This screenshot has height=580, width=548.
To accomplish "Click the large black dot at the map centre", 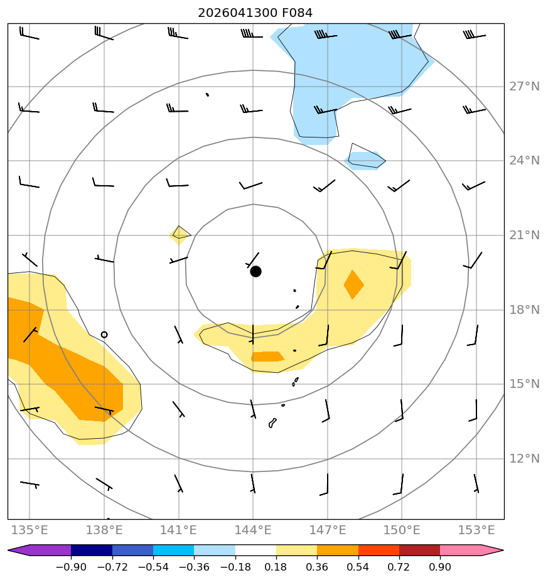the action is click(x=255, y=272).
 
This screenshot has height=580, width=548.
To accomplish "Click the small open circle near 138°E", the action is click(x=104, y=335).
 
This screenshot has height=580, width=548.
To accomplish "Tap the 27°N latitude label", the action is click(x=524, y=87).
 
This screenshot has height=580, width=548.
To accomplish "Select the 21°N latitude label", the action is click(x=524, y=235).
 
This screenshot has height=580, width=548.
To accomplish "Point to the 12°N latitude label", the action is click(x=524, y=459).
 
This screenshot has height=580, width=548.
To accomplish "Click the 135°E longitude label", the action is click(x=30, y=530).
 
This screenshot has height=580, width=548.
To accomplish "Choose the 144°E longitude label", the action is click(x=253, y=530).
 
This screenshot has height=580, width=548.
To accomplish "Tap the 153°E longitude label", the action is click(x=476, y=530).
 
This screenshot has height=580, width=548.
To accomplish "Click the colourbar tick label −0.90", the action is click(x=71, y=567).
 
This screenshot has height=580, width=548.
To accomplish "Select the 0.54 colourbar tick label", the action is click(x=358, y=567).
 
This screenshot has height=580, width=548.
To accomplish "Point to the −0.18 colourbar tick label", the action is click(x=235, y=567).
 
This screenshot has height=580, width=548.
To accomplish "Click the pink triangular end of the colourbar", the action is click(x=472, y=550).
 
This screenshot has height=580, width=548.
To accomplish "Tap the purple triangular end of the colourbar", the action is click(x=40, y=550).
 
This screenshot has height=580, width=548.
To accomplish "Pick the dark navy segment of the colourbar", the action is click(x=92, y=550).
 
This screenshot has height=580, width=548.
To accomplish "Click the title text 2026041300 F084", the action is click(x=255, y=13).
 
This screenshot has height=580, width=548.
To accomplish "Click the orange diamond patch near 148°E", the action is click(x=354, y=284).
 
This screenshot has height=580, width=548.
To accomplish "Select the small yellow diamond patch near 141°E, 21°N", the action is click(x=180, y=235).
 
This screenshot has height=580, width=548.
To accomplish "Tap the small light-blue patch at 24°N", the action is click(x=365, y=161).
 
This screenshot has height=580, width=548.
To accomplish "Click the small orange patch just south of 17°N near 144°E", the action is click(x=267, y=357).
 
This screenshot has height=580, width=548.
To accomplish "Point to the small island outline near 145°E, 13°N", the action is click(x=272, y=423).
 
